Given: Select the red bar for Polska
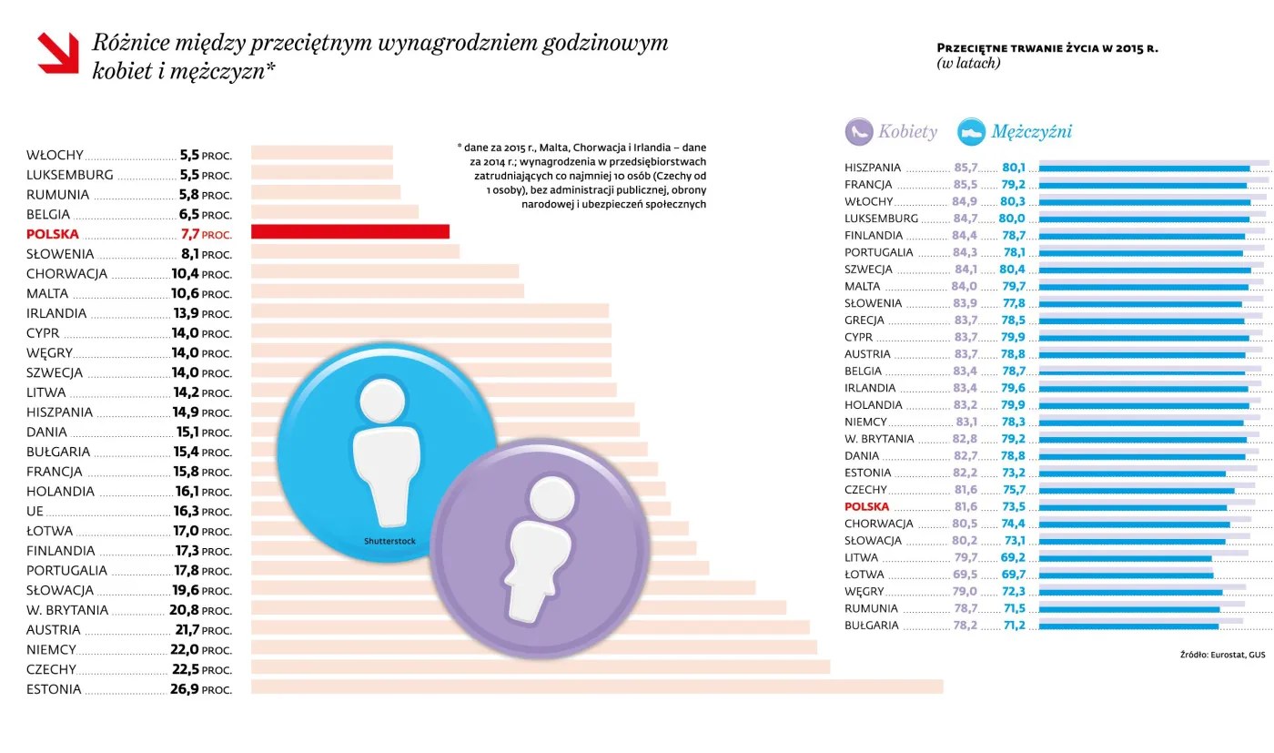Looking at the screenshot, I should point(349,232).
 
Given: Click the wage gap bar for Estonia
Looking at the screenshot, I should point(596,687).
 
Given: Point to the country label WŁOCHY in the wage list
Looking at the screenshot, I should point(56,156).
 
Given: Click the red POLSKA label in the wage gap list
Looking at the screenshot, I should point(53,234).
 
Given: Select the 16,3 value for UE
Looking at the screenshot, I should point(186,512).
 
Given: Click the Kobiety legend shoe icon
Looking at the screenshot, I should point(858,132).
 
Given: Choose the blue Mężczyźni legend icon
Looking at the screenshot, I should point(971,132).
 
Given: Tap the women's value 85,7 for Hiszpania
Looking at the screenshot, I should point(966,168).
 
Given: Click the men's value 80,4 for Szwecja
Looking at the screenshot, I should point(1012,270).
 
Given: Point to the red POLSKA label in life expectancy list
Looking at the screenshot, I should point(866,507).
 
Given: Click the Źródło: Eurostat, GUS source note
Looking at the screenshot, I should point(1222,655).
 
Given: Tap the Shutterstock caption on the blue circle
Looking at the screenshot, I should point(389,541).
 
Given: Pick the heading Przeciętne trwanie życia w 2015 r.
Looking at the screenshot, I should point(1046,48).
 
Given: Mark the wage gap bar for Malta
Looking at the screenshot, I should point(387,291).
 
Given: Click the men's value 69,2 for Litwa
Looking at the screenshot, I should point(1012,558).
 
